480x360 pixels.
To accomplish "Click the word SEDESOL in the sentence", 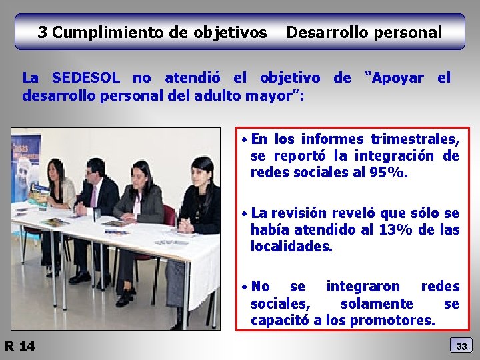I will click(83, 78).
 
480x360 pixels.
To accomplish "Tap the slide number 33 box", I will click(462, 345).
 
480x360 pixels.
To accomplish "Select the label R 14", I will click(21, 346).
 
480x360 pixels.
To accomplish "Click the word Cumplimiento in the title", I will click(105, 32).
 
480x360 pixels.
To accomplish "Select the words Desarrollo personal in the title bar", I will click(364, 32).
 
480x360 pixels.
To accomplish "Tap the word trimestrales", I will click(414, 139).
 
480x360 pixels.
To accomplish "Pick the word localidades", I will click(291, 246).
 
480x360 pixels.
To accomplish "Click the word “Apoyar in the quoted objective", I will click(394, 78).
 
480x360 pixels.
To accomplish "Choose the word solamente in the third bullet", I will click(377, 304).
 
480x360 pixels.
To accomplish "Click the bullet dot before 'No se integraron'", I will click(245, 287).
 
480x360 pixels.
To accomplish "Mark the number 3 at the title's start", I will click(42, 32).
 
